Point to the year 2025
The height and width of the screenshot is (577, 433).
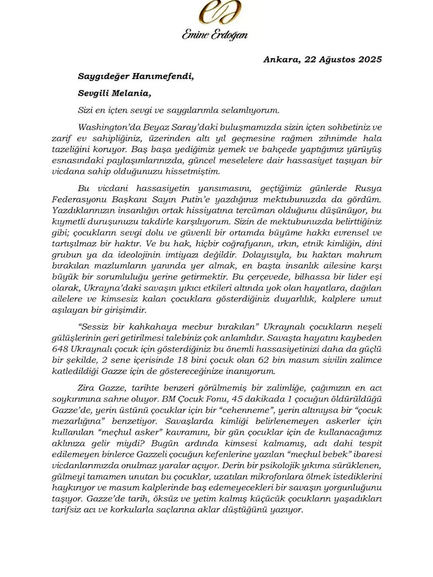(369, 60)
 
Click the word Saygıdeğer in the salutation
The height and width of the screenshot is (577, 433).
(108, 76)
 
